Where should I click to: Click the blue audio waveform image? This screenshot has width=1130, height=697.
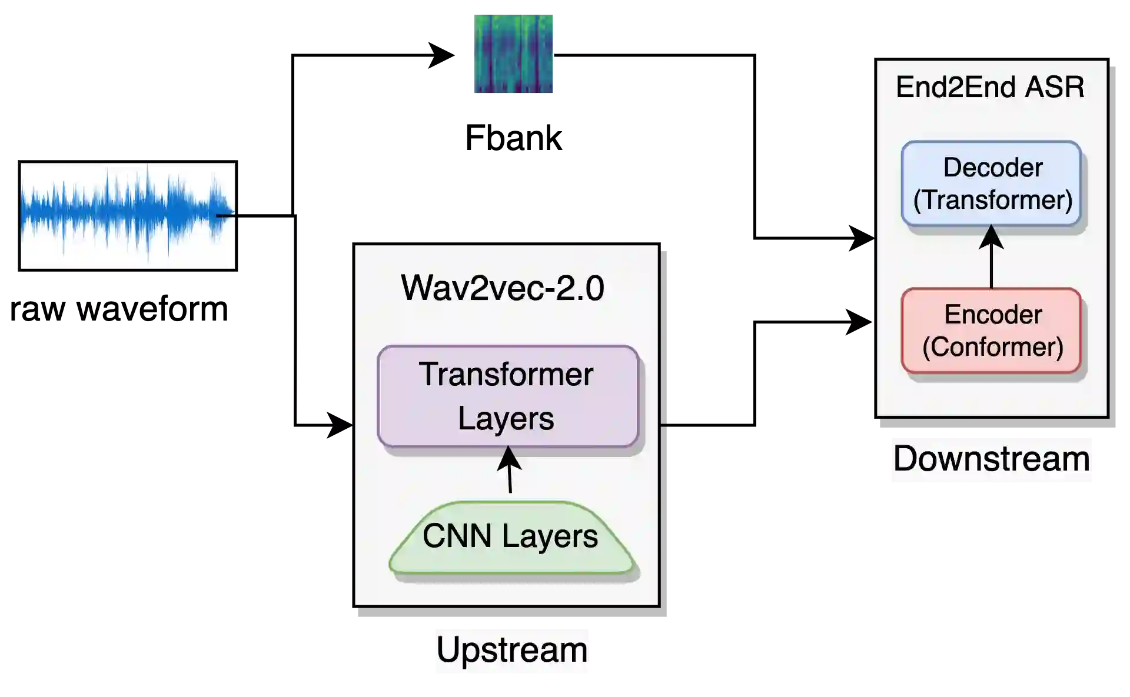click(x=127, y=215)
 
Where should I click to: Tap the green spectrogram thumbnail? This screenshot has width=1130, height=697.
click(x=513, y=54)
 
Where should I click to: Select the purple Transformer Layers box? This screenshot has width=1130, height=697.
click(x=507, y=396)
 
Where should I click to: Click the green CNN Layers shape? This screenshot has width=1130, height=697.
click(x=511, y=537)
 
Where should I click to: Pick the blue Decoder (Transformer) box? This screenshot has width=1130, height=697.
click(x=992, y=184)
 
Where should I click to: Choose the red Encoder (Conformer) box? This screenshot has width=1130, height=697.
click(x=992, y=331)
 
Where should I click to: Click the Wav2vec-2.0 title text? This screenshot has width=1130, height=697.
click(x=503, y=288)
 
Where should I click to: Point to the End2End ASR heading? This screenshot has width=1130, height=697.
click(x=990, y=87)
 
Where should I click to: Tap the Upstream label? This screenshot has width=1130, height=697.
click(x=511, y=651)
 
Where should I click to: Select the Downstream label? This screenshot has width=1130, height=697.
click(x=991, y=459)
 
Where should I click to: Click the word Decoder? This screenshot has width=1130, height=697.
click(x=993, y=168)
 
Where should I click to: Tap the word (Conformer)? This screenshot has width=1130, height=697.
click(x=993, y=347)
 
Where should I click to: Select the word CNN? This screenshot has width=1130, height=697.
click(x=457, y=536)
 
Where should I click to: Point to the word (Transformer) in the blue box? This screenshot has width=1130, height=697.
click(x=993, y=200)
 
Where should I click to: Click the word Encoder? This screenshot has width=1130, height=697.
click(x=993, y=315)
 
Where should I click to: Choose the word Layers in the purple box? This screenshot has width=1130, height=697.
click(x=506, y=419)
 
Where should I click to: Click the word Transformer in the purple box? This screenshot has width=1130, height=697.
click(x=506, y=375)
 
